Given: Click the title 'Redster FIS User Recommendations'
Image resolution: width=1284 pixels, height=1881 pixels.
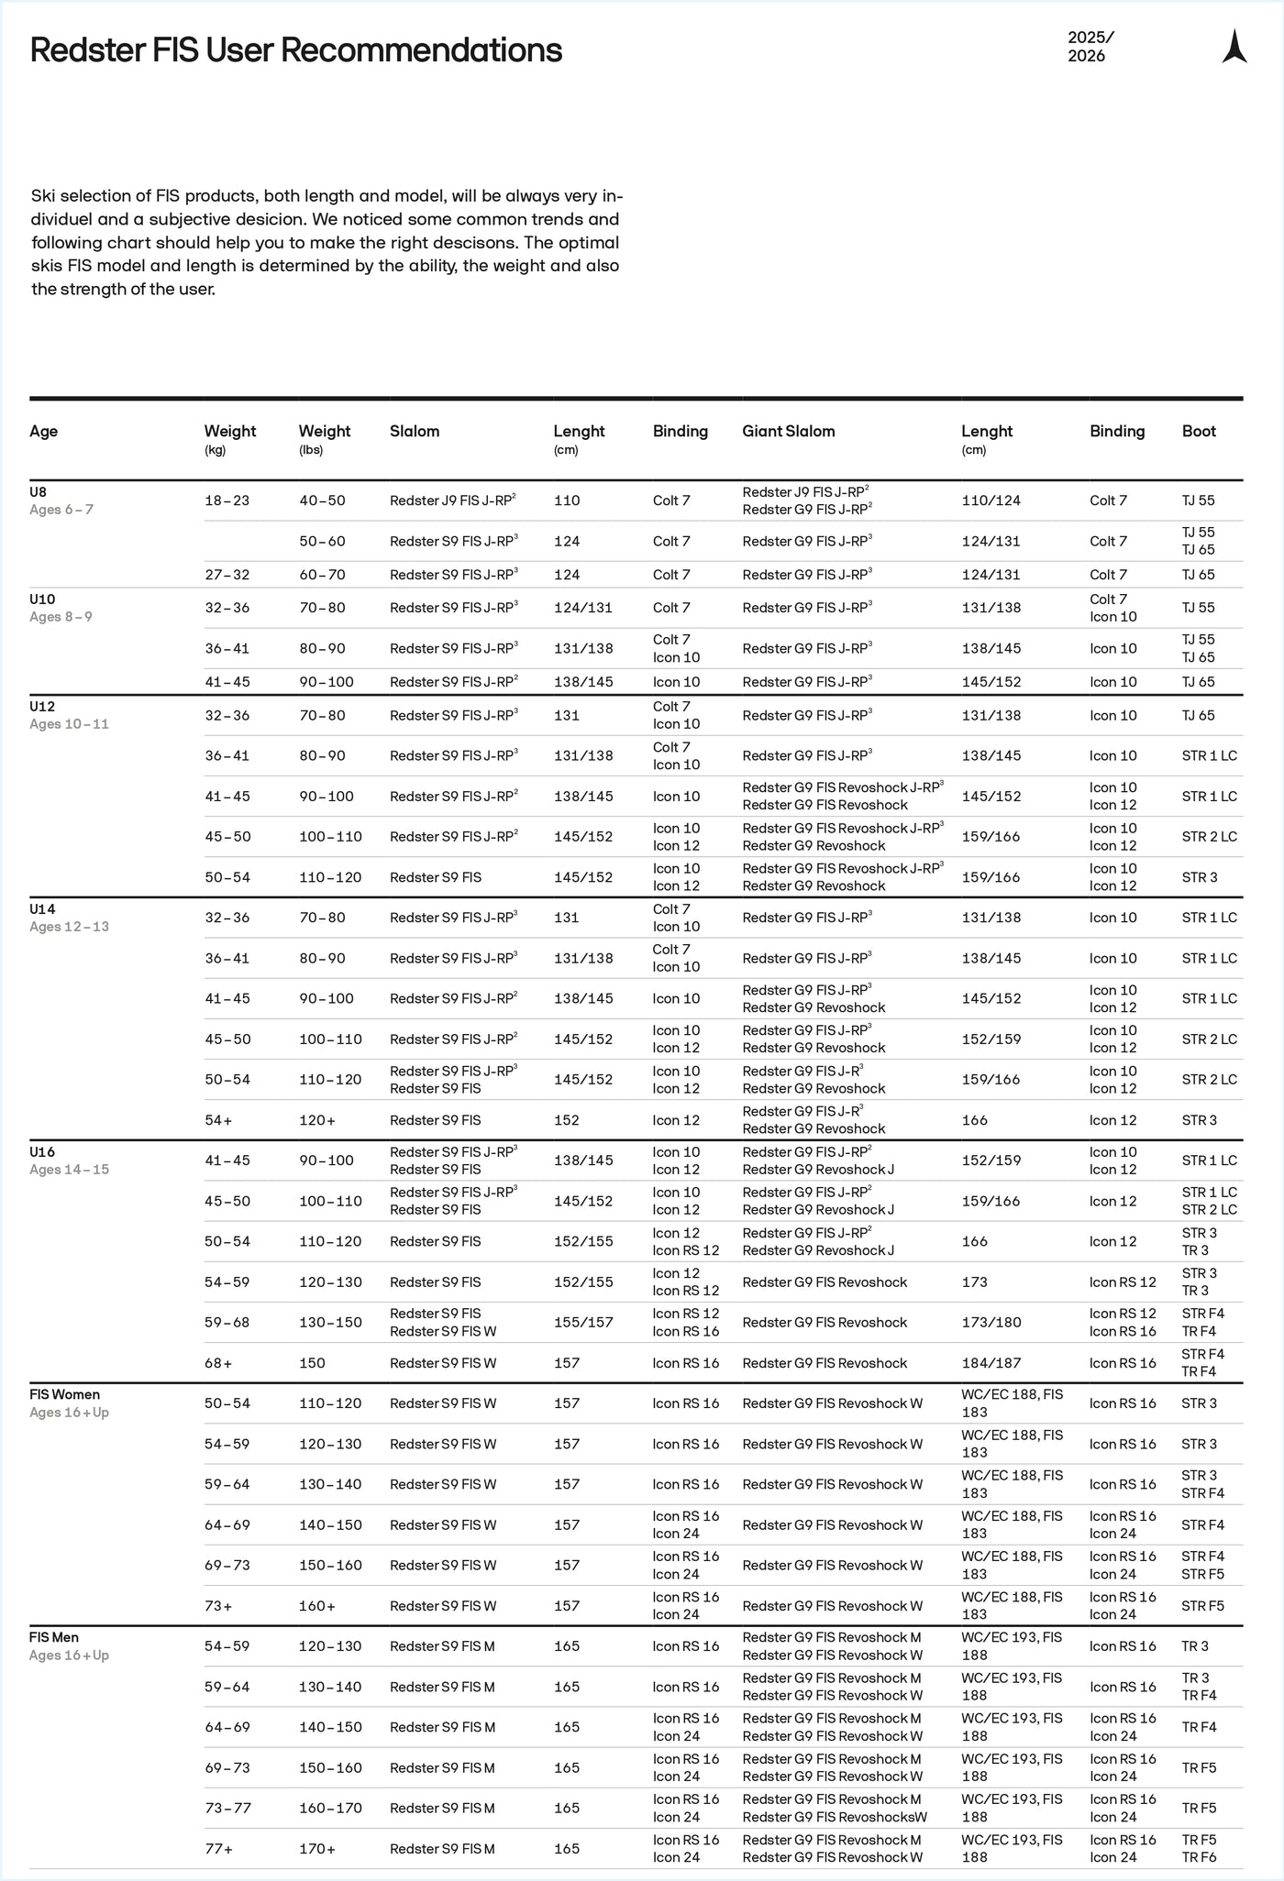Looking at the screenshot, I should coord(295,50).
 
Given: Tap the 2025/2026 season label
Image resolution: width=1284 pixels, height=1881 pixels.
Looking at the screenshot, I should coord(1090,47).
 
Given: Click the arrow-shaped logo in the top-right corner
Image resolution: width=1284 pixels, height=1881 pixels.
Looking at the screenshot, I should coord(1234,47).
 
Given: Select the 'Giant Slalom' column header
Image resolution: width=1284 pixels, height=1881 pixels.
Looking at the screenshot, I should coord(788,431).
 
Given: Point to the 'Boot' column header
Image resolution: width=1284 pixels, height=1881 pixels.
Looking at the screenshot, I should coord(1199,431).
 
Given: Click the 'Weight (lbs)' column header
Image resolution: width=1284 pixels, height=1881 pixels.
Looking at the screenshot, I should coord(325,438).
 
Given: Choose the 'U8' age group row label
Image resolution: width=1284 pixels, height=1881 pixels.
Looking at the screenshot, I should coord(39,491).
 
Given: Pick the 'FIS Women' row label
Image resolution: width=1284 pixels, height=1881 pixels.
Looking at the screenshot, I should coord(64,1394).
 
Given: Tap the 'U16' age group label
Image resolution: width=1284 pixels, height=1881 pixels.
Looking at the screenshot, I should coord(43,1151).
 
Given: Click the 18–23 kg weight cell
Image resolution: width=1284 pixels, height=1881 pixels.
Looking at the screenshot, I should coord(227,500).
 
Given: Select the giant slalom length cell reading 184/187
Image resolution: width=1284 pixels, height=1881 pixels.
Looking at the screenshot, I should coord(990,1363).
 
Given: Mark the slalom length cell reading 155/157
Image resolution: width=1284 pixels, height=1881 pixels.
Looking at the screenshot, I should coord(583,1322).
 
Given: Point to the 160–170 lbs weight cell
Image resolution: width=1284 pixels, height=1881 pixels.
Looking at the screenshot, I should coord(330,1808).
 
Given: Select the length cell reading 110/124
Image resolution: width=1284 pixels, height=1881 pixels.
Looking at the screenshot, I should coord(991,500).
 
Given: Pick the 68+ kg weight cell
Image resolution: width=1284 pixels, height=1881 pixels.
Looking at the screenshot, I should coord(218,1363).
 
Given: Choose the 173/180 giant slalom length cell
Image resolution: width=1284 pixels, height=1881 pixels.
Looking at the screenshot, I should coord(990,1322).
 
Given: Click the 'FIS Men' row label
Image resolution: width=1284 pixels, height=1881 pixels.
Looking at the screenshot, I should coord(54,1637).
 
